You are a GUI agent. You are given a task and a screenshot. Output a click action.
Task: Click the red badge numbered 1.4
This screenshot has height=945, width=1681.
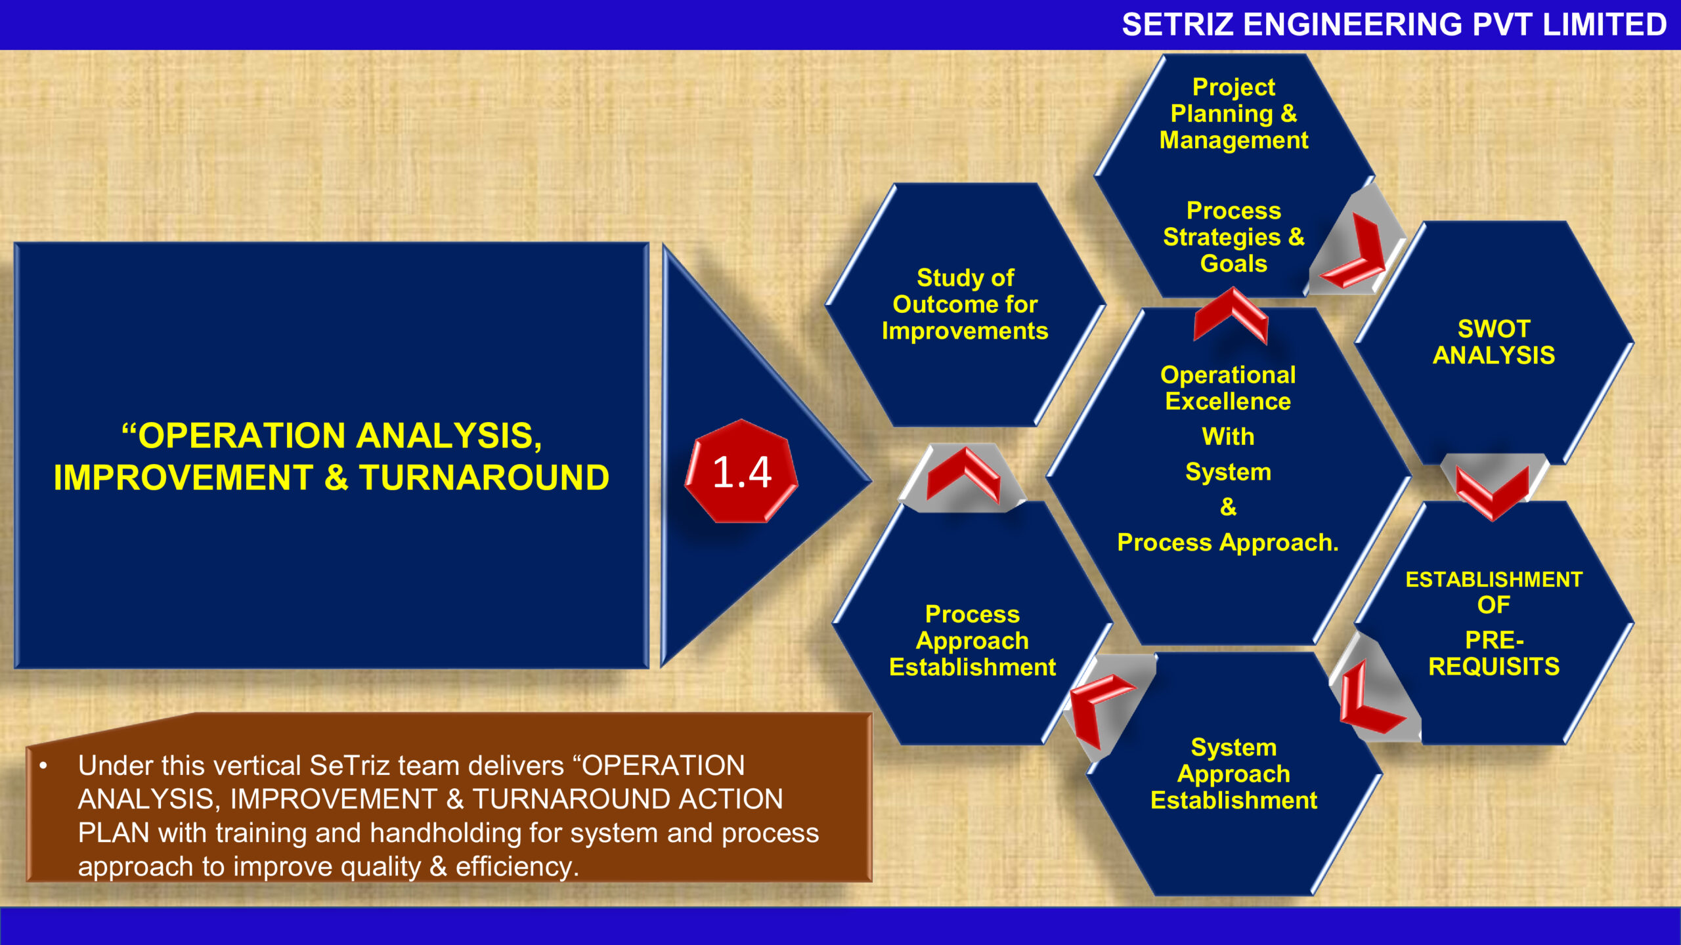741,472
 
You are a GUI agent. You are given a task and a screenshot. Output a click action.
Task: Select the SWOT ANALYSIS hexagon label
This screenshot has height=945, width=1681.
1493,342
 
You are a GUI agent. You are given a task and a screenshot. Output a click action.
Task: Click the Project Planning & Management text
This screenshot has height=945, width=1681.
1234,114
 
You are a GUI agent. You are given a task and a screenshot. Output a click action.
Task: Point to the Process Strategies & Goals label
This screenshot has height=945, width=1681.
1234,237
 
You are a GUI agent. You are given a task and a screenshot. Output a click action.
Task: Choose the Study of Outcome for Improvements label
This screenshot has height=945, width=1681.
965,304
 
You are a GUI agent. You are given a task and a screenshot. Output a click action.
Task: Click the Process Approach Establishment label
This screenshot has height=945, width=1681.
972,640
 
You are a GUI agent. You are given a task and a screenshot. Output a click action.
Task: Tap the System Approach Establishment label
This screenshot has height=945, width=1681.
1234,774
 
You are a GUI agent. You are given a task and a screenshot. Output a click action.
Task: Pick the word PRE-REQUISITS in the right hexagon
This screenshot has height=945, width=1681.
1494,654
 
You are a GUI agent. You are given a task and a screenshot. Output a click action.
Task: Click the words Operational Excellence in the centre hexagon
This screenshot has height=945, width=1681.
1228,388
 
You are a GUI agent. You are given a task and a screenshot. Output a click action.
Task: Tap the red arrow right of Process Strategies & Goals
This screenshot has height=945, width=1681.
1357,256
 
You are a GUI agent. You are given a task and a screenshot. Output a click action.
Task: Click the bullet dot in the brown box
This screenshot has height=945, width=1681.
43,766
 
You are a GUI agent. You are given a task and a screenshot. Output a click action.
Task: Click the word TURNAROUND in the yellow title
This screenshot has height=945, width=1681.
484,478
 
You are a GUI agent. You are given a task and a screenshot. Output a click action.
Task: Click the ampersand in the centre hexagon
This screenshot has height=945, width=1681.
1228,507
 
